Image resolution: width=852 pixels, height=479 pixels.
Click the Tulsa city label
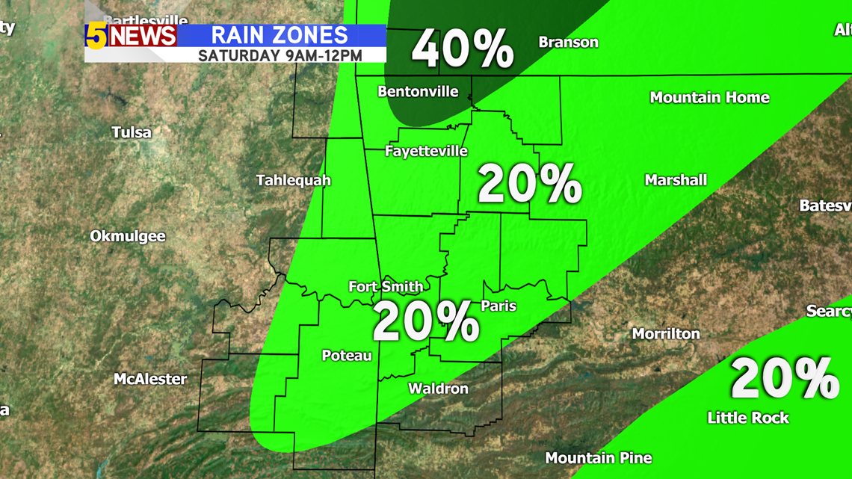[132, 133]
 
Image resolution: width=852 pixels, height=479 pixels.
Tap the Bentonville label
[418, 93]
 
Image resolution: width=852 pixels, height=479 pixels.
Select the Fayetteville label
[426, 152]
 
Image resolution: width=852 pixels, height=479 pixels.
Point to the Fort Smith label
[386, 287]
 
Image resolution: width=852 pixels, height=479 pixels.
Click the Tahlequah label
[293, 181]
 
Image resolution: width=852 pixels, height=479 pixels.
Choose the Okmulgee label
[128, 237]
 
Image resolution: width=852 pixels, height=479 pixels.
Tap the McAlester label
[150, 380]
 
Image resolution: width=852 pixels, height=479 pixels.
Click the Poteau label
[347, 356]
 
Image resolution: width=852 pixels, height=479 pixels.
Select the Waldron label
[438, 389]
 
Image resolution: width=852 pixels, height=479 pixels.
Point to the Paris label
[498, 306]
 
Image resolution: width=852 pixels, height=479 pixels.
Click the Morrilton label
[666, 334]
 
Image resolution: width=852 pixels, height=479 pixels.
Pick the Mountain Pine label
[598, 458]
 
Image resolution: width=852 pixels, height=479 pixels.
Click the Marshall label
[676, 181]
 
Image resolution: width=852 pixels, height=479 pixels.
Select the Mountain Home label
[709, 98]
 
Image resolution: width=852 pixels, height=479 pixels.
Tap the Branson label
[568, 43]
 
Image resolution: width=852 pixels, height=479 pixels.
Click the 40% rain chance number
[463, 50]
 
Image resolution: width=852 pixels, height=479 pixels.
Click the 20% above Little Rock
[784, 379]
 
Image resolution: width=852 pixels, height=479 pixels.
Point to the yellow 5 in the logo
[96, 36]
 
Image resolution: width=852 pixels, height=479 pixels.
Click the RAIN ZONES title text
[280, 35]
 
